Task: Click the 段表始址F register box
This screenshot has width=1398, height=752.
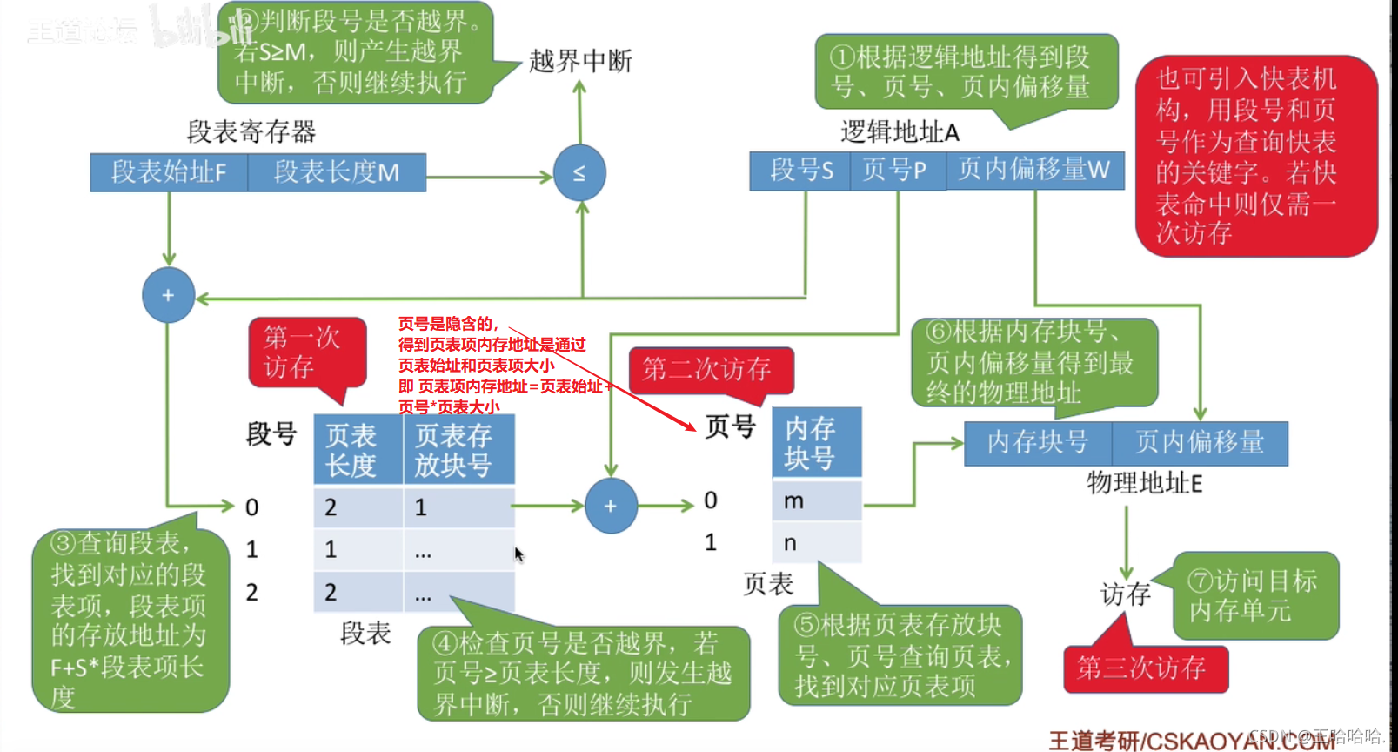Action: tap(169, 172)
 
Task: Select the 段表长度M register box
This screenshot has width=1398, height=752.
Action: tap(337, 172)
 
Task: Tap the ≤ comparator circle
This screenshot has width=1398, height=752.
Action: tap(579, 173)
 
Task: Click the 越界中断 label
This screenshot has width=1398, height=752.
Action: tap(580, 61)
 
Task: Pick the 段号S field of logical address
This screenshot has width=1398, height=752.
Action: tap(800, 171)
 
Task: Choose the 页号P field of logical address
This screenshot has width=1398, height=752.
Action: tap(897, 171)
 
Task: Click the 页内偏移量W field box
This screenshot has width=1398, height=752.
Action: tap(1034, 171)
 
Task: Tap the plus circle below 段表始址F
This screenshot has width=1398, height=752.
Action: tap(169, 296)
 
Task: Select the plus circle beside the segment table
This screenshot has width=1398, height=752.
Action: tap(611, 506)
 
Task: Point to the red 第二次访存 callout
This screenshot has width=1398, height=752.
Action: tap(710, 370)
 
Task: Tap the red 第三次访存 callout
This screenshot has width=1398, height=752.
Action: tap(1144, 668)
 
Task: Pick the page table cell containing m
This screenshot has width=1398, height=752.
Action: tap(816, 501)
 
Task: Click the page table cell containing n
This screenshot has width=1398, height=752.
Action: tap(816, 543)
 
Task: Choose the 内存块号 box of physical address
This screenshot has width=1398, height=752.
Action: tap(1038, 443)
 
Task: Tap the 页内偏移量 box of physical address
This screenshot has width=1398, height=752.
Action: tap(1200, 443)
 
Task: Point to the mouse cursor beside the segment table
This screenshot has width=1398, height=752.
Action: tap(518, 554)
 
